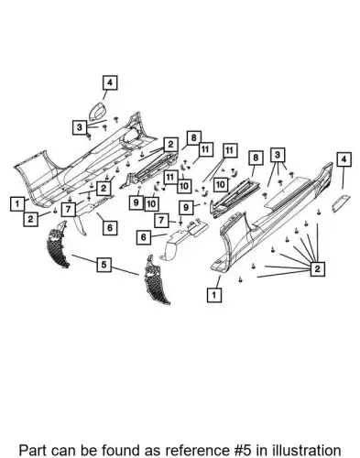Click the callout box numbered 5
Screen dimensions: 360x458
[104, 264]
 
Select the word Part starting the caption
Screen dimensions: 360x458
[32, 451]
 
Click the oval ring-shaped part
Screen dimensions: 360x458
[97, 112]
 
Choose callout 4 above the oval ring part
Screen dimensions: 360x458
[110, 82]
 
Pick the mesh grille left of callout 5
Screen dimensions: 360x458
[57, 245]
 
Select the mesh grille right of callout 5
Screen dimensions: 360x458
[157, 279]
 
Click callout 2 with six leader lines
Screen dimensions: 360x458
[317, 268]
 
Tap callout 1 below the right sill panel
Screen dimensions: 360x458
[214, 295]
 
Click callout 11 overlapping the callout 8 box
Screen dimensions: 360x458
[205, 149]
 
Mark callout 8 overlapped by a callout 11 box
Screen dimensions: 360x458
[194, 138]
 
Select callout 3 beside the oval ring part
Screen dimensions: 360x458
[80, 127]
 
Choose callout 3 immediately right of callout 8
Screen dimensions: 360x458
[278, 155]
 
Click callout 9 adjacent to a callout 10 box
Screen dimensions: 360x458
[136, 202]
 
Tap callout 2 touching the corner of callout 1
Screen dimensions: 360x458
[30, 219]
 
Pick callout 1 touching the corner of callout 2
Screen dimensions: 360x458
[17, 203]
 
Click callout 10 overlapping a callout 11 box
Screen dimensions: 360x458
[184, 186]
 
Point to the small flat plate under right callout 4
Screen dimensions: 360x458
[341, 202]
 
